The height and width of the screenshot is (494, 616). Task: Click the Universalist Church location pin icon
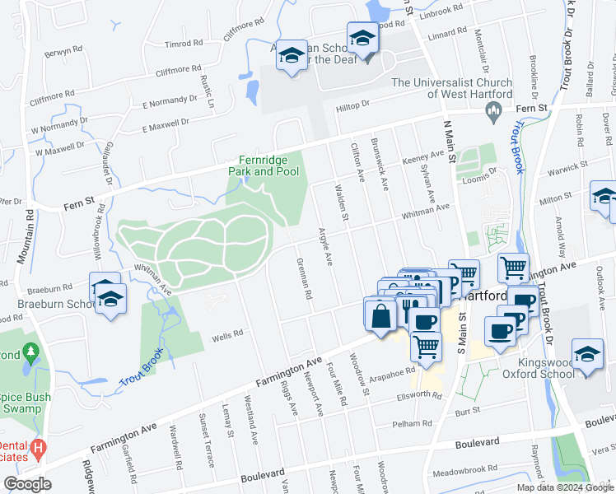click(494, 114)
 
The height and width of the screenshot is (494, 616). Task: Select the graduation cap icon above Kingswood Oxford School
click(587, 355)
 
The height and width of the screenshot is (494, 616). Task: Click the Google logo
click(27, 484)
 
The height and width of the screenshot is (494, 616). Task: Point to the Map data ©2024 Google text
click(564, 487)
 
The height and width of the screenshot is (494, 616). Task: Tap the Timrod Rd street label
click(183, 44)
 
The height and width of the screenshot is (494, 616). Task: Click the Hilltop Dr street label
click(352, 108)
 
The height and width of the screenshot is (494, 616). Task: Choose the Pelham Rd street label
click(412, 424)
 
